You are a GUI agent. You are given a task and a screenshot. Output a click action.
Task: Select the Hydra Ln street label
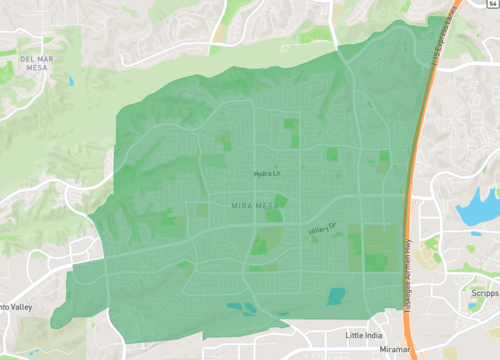pos(267,174)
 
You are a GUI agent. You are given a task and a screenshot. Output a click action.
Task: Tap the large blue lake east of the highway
pos(476,208)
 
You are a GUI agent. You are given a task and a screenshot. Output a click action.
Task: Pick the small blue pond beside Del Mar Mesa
pos(72,79)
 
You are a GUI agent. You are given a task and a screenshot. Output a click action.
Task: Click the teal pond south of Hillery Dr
pos(336,296)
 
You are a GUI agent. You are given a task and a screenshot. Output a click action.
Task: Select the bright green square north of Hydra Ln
pos(291,125)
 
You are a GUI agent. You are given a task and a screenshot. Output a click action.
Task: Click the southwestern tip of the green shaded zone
pos(56,323)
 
